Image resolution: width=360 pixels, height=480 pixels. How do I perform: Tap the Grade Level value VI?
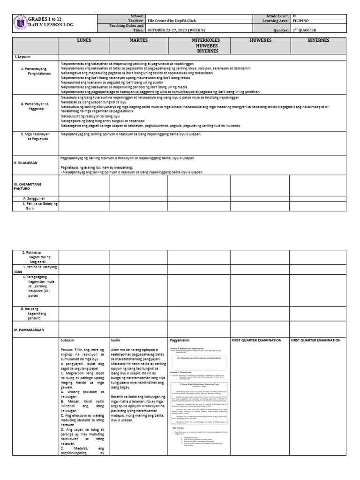(x=294, y=16)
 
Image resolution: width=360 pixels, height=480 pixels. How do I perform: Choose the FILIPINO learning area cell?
(x=301, y=21)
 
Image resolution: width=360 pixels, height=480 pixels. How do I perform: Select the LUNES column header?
(x=84, y=41)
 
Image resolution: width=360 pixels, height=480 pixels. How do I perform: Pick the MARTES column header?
(x=138, y=41)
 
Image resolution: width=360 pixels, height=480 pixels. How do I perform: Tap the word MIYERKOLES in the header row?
(x=199, y=41)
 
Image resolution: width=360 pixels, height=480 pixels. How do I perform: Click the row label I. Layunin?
(x=22, y=56)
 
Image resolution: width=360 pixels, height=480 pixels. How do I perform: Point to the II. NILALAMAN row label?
(x=26, y=163)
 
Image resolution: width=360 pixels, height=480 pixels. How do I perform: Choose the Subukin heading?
(x=68, y=340)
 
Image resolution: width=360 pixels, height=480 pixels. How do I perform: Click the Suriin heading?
(x=116, y=340)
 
